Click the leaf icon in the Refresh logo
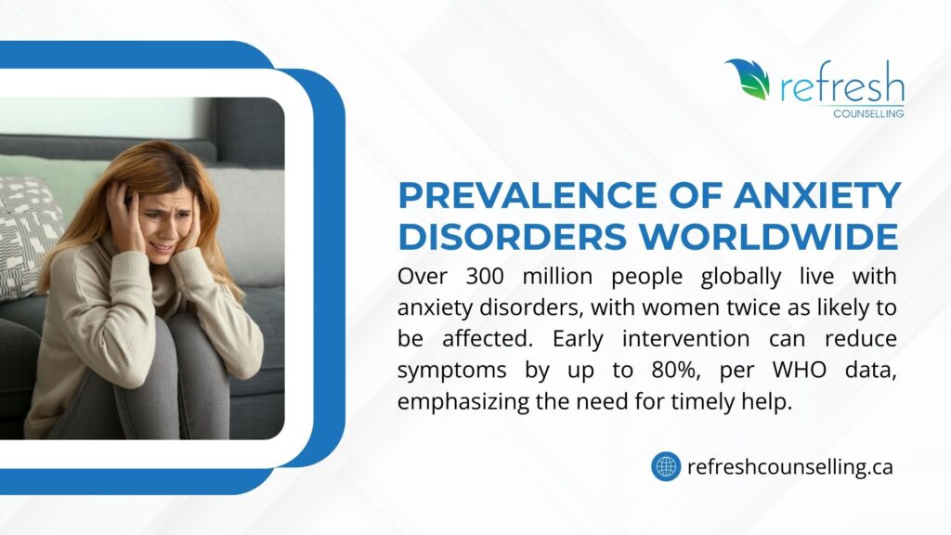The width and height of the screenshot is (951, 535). coord(747,80)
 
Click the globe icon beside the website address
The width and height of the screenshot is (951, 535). coord(666,465)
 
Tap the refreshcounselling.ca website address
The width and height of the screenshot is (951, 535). coord(789,466)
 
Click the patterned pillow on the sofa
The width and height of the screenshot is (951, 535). coord(28,232)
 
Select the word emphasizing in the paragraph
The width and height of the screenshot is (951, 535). coord(458,400)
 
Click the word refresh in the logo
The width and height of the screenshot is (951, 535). coord(841,85)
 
